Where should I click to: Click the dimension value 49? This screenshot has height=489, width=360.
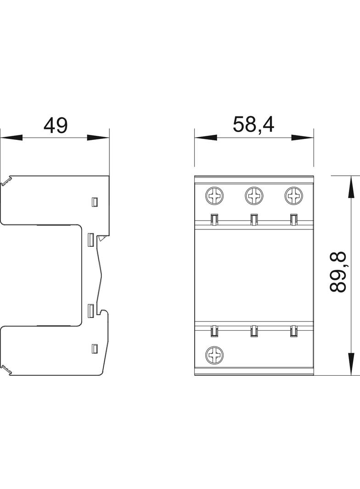[56, 125]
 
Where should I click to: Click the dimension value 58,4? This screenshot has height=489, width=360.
[253, 124]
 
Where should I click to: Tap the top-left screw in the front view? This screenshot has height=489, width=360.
[214, 196]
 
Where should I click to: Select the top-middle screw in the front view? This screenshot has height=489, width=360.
[253, 196]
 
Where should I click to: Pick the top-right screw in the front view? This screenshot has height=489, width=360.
[293, 196]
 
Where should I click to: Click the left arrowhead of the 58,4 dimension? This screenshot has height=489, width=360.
[205, 137]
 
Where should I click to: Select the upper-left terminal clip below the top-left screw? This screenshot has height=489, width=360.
[214, 220]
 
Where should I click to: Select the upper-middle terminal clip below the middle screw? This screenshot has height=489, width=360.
[253, 220]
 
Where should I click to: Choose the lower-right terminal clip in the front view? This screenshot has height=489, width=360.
[293, 330]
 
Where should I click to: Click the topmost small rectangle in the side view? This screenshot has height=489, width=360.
[95, 201]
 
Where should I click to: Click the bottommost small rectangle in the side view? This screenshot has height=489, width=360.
[95, 348]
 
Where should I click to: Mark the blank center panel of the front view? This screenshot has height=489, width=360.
[253, 275]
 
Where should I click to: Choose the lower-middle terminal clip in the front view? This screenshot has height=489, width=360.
[253, 330]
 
